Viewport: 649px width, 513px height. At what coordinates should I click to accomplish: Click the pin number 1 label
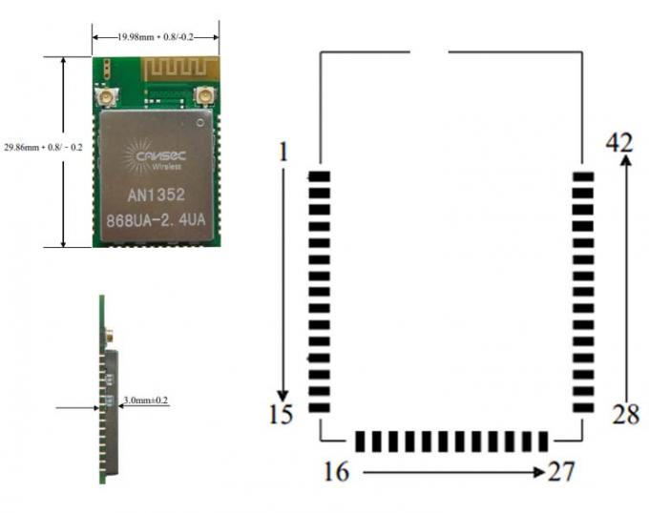(281, 150)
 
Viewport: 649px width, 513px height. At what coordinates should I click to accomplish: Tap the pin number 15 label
(282, 414)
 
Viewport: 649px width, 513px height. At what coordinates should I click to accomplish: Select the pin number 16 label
(338, 471)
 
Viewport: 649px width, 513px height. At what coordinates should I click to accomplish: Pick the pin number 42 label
(619, 143)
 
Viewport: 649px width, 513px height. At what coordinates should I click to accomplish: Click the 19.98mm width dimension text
(155, 36)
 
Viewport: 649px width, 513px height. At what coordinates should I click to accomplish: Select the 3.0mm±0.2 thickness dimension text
(146, 400)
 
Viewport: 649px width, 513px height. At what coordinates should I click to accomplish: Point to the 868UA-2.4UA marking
(156, 220)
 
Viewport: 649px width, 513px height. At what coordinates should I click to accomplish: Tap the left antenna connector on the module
(104, 95)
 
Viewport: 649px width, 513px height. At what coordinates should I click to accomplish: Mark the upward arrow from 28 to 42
(625, 277)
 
